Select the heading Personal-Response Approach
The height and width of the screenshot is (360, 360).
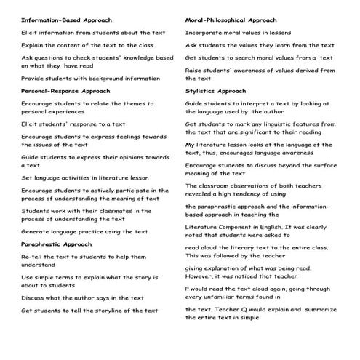tap(65, 91)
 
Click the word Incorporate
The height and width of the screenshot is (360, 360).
tap(206, 33)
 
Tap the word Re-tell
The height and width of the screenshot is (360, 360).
tap(33, 257)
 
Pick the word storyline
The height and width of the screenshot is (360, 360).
tap(113, 311)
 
